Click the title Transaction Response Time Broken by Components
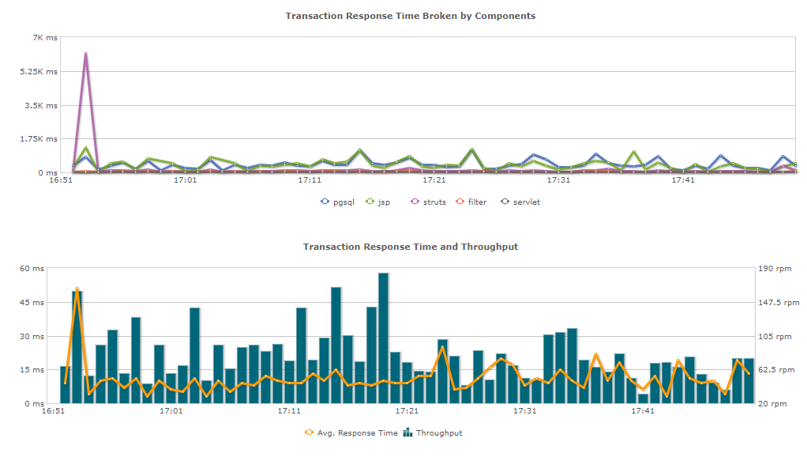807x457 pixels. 411,16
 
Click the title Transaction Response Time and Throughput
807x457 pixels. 411,247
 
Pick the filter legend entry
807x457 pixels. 471,202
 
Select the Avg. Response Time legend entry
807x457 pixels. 351,432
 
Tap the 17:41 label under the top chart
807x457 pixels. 683,180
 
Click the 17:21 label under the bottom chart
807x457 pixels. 407,411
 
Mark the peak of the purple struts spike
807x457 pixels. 85,54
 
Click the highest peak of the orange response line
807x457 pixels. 77,289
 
